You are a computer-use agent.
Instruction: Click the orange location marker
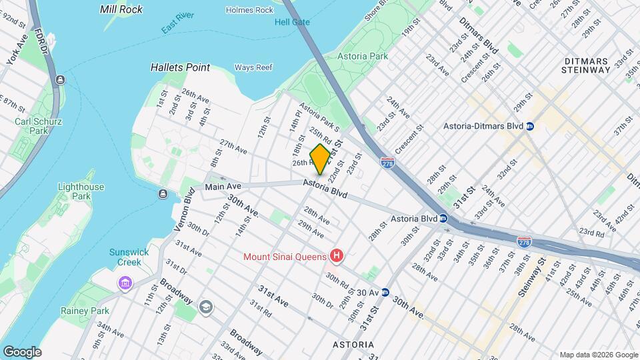click(x=320, y=159)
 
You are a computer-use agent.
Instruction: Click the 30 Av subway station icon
click(x=385, y=293)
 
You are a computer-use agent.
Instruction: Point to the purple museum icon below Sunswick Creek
click(x=125, y=284)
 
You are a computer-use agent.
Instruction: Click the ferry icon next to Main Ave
click(x=163, y=194)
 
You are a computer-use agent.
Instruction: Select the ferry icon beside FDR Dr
click(x=61, y=80)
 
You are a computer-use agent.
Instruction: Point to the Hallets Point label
click(x=179, y=67)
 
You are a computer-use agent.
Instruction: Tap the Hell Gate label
click(x=292, y=22)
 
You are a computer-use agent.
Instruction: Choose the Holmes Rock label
click(x=249, y=10)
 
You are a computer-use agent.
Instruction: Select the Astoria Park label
click(x=363, y=57)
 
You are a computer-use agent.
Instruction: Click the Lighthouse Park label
click(x=81, y=192)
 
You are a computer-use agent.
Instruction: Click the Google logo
click(x=22, y=351)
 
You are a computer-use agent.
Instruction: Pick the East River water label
click(x=178, y=28)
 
